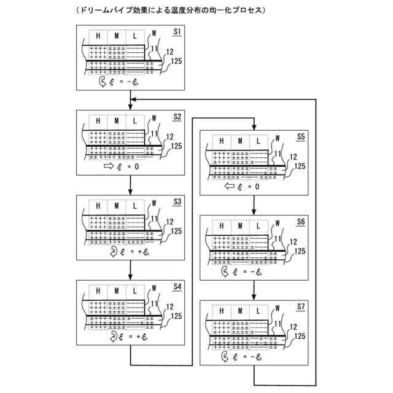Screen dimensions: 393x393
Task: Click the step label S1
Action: [x=177, y=31]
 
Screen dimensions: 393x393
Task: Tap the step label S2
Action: [x=177, y=115]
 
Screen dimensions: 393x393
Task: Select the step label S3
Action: [x=177, y=201]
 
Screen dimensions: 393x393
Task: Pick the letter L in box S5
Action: [x=258, y=141]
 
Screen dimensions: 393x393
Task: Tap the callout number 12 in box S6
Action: [x=292, y=241]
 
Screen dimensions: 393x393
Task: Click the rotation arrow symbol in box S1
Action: [x=102, y=80]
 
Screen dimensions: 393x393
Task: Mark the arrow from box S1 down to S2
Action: [x=131, y=100]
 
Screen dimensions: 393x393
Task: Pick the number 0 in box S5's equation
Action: [x=257, y=187]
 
